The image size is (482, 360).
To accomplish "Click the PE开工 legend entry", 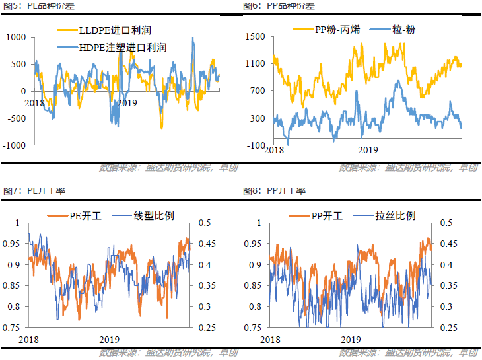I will pos(84,215).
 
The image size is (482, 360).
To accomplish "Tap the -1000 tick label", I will pos(15,145).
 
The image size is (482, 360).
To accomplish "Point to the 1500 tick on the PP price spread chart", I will pos(255,37).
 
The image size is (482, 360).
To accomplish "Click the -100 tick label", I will pos(256,145).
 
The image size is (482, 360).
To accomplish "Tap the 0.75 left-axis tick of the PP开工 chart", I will pos(253,328).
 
